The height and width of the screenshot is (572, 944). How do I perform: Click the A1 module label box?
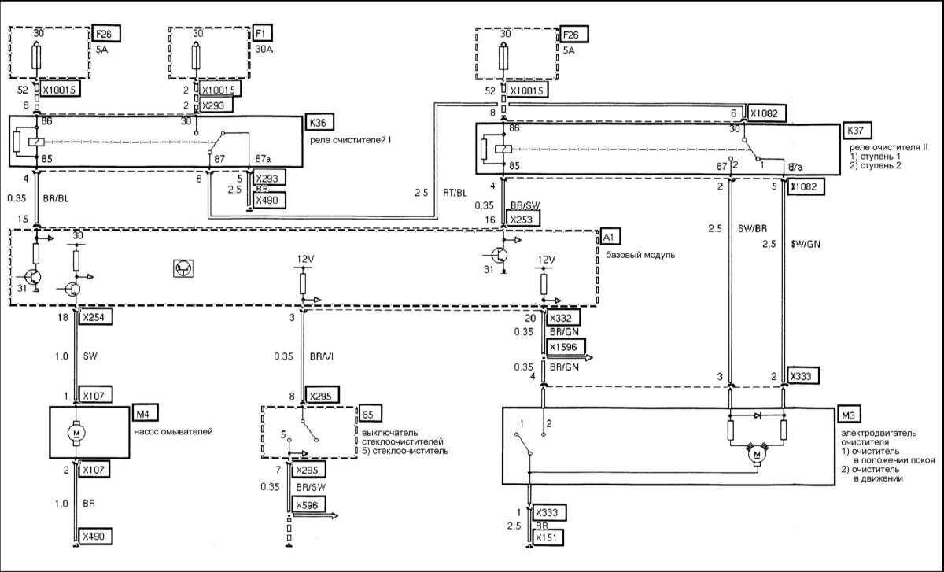pos(610,235)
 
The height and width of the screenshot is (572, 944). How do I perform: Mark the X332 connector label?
pos(565,319)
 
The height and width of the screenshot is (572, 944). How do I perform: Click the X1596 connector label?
pos(566,347)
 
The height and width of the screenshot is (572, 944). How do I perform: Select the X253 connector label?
pos(523,220)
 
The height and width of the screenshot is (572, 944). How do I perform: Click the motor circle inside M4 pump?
pos(76,433)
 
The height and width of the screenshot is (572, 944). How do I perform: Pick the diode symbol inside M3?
pos(758,414)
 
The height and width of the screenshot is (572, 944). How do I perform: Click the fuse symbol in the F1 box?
pos(197,59)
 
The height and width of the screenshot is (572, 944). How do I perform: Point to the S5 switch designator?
pos(368,414)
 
